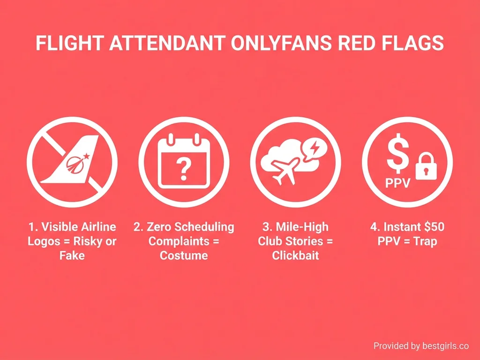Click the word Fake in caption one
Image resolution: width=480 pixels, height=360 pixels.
point(72,256)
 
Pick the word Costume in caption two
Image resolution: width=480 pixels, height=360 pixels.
point(184,256)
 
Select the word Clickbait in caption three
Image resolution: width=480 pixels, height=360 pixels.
point(295,256)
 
